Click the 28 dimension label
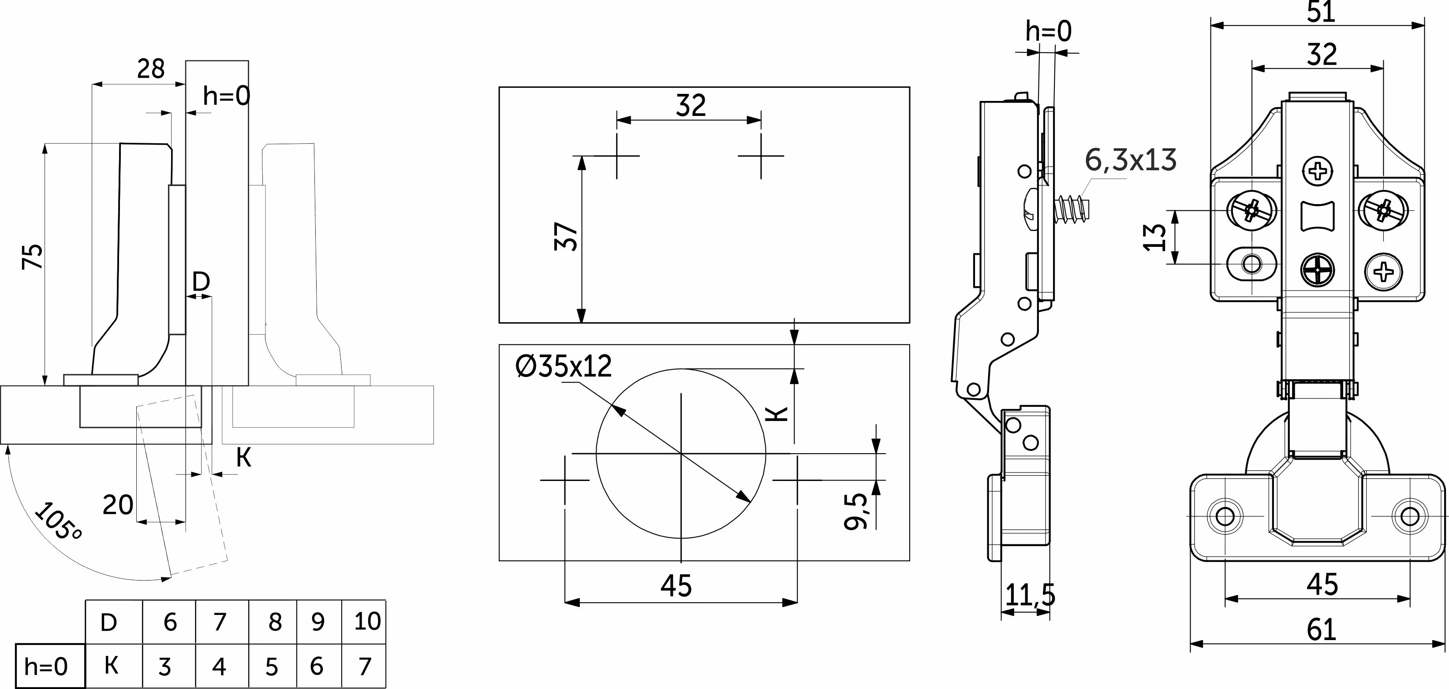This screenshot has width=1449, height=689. (x=151, y=69)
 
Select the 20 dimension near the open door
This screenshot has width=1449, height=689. (x=118, y=504)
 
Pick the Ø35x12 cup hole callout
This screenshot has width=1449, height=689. (x=563, y=366)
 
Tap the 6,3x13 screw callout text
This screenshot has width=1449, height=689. (x=1131, y=160)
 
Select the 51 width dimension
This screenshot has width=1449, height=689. (x=1321, y=12)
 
